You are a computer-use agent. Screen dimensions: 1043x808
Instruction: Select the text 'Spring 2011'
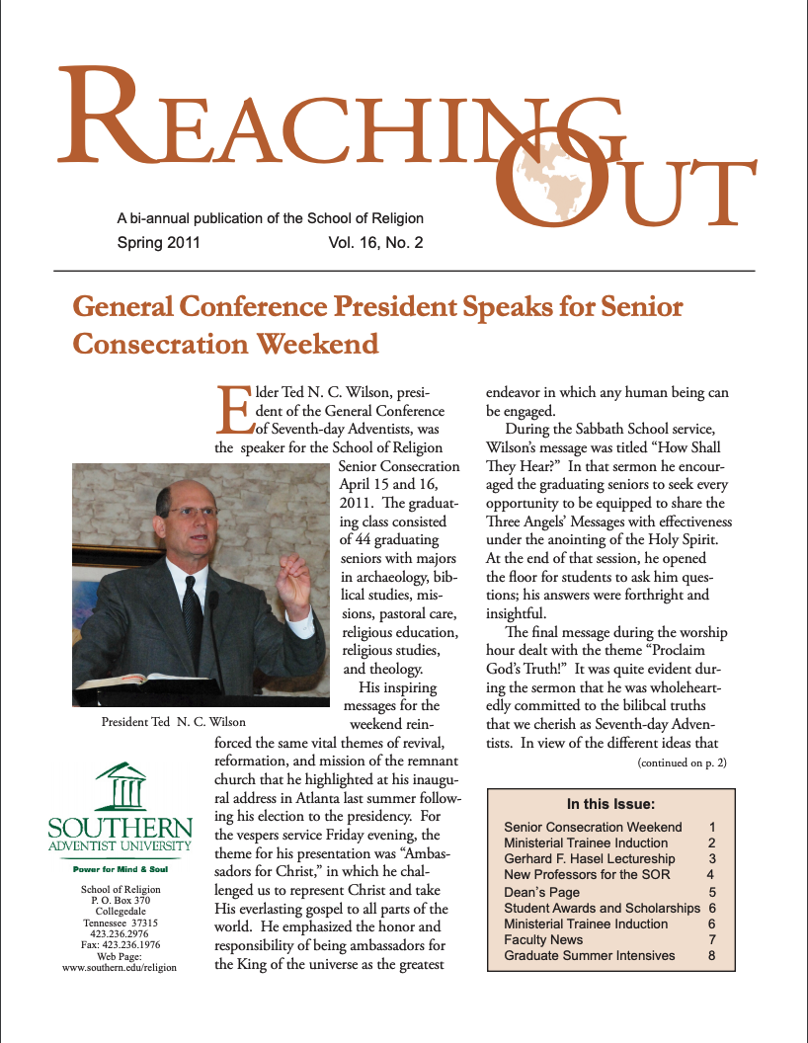click(x=158, y=241)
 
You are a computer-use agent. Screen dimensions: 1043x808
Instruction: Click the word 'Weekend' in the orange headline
click(x=316, y=344)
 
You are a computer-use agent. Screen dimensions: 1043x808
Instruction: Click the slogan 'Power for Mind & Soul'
click(x=121, y=869)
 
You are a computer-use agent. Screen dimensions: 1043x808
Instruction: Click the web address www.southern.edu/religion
click(x=119, y=968)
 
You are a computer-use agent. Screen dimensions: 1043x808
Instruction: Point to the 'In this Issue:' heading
click(x=610, y=804)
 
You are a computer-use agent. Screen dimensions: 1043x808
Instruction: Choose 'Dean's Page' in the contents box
click(x=542, y=892)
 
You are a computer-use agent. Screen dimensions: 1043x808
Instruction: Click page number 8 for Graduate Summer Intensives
click(x=711, y=955)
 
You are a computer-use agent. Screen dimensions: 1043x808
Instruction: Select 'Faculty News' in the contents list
click(x=543, y=939)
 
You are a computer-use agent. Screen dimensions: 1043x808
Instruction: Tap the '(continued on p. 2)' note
click(x=683, y=762)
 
